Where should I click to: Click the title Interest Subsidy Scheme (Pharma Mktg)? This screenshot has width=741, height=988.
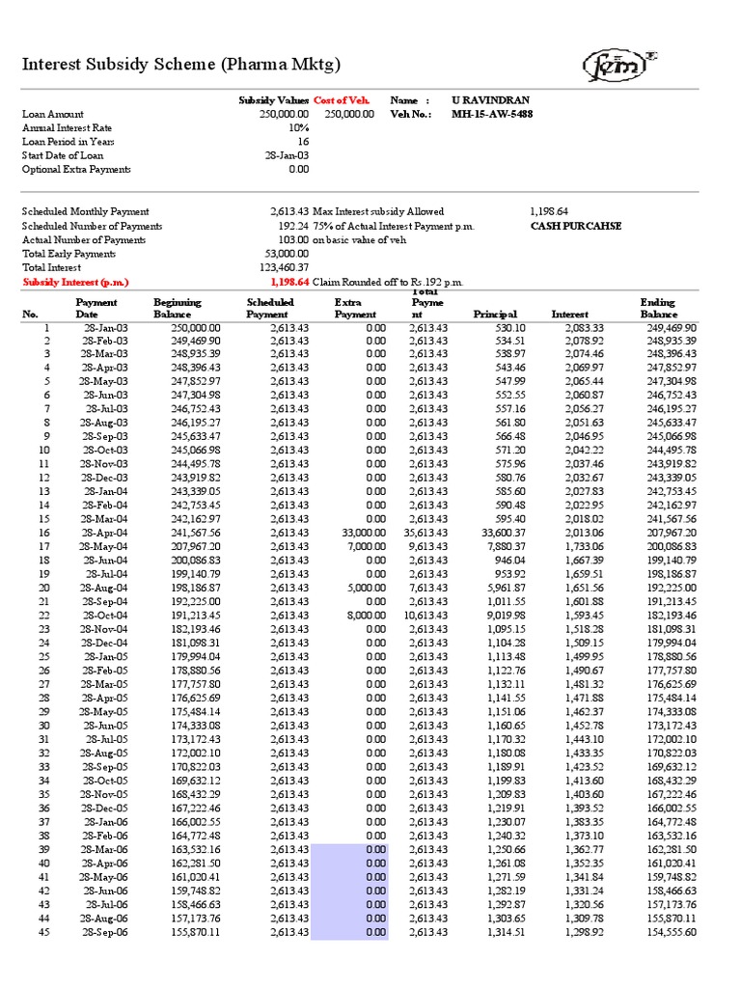point(181,66)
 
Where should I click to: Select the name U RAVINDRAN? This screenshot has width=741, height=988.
point(490,100)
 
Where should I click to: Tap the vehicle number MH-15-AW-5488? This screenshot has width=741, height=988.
point(492,114)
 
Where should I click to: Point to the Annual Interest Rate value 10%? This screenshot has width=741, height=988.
point(298,127)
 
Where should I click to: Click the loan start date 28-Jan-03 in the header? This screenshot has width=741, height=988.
point(288,155)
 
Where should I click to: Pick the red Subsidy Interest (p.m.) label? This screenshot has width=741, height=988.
point(76,282)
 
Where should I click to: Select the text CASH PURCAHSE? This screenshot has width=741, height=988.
point(576,226)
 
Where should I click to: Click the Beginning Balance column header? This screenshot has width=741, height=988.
point(178,308)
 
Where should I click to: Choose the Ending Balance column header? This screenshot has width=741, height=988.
point(658,308)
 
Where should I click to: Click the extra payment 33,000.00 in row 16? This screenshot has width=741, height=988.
point(364,532)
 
